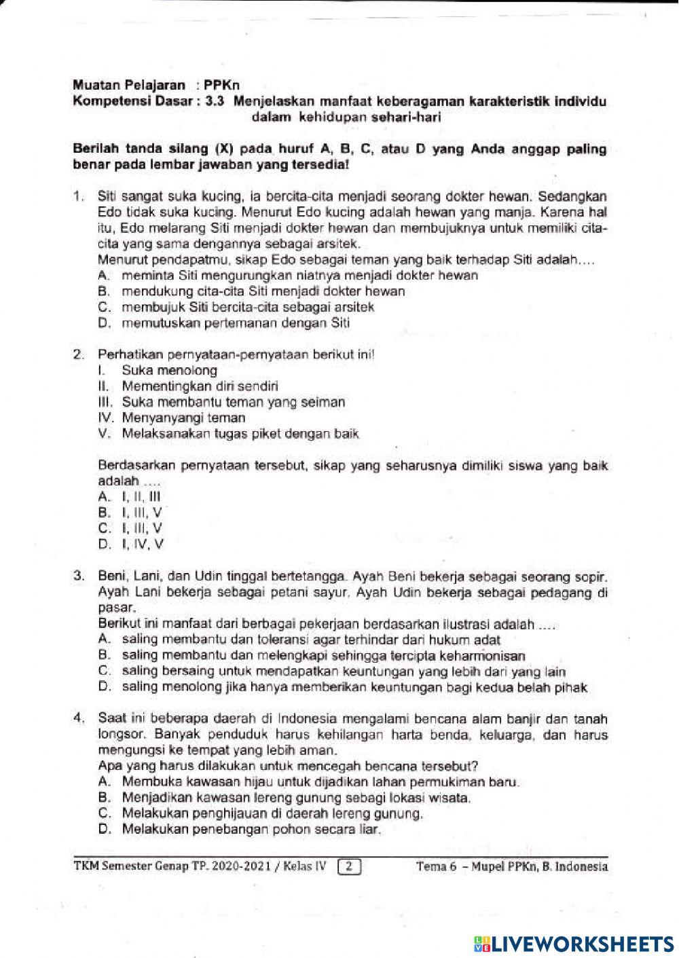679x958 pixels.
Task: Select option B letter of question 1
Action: coord(104,291)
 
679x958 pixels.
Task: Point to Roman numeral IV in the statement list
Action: coord(105,418)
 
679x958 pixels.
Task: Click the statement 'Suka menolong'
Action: coord(170,371)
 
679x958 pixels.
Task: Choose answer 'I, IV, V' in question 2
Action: coord(140,543)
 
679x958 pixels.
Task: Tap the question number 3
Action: coord(78,578)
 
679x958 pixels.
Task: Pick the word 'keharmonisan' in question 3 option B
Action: coord(481,656)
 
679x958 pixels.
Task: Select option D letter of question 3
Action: coord(104,687)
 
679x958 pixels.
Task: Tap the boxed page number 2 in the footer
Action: coord(348,866)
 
